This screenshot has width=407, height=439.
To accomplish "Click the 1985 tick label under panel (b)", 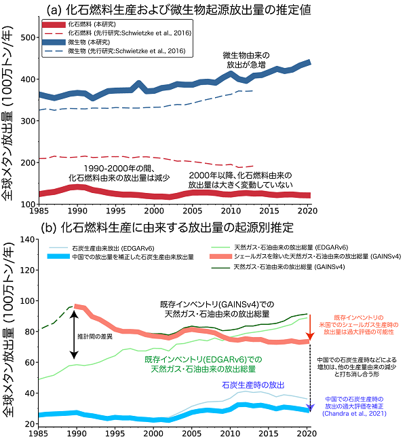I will tap(39, 432).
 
